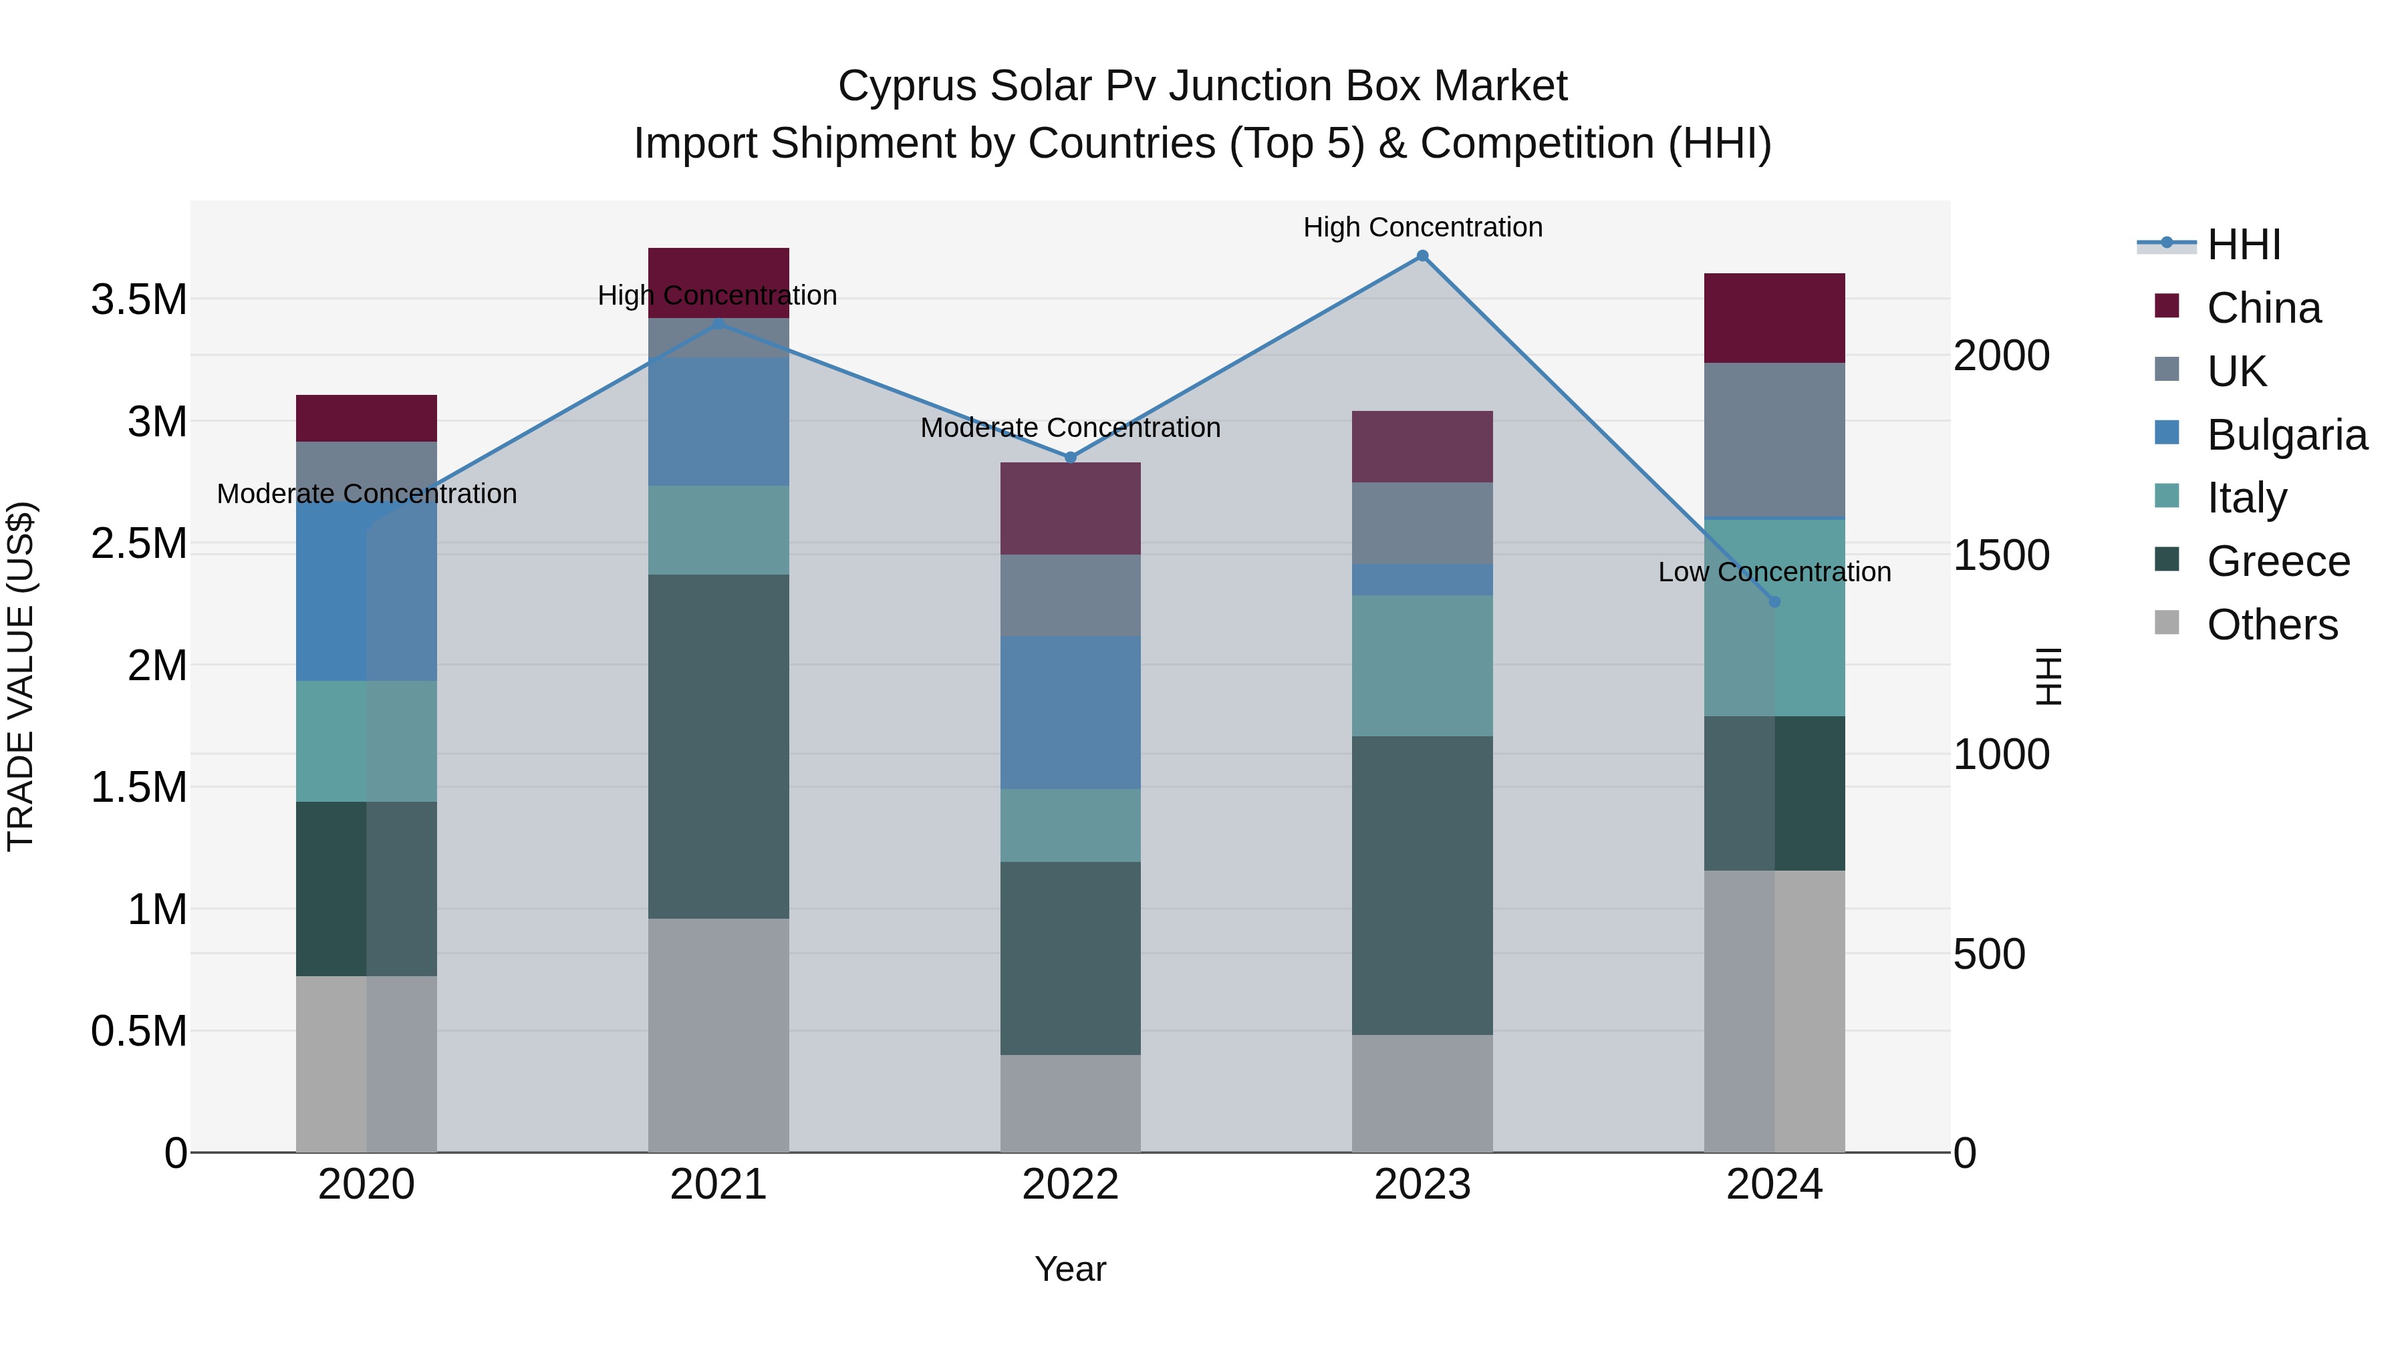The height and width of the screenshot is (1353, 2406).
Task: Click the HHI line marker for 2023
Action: tap(1422, 256)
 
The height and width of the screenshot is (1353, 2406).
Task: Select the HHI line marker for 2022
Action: tap(1071, 458)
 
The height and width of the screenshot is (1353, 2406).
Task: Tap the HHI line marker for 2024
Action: tap(1774, 601)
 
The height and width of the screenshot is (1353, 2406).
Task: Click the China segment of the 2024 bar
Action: tap(1774, 317)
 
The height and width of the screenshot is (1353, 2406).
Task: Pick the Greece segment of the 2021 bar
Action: tap(718, 746)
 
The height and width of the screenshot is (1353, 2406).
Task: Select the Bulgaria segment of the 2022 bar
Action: tap(1071, 712)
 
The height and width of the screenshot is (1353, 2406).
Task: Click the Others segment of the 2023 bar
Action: tap(1422, 1092)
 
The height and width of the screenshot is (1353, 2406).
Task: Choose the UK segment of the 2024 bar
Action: tap(1774, 439)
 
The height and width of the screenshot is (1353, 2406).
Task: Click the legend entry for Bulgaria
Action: tap(2286, 435)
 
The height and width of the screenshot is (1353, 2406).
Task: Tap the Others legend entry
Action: tap(2272, 625)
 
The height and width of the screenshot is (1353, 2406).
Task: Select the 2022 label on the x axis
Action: tap(1071, 1185)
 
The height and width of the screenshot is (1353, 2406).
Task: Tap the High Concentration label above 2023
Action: tap(1422, 227)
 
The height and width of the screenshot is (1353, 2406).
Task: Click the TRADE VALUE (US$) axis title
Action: tap(21, 676)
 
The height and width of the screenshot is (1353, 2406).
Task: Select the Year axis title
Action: tap(1071, 1269)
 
